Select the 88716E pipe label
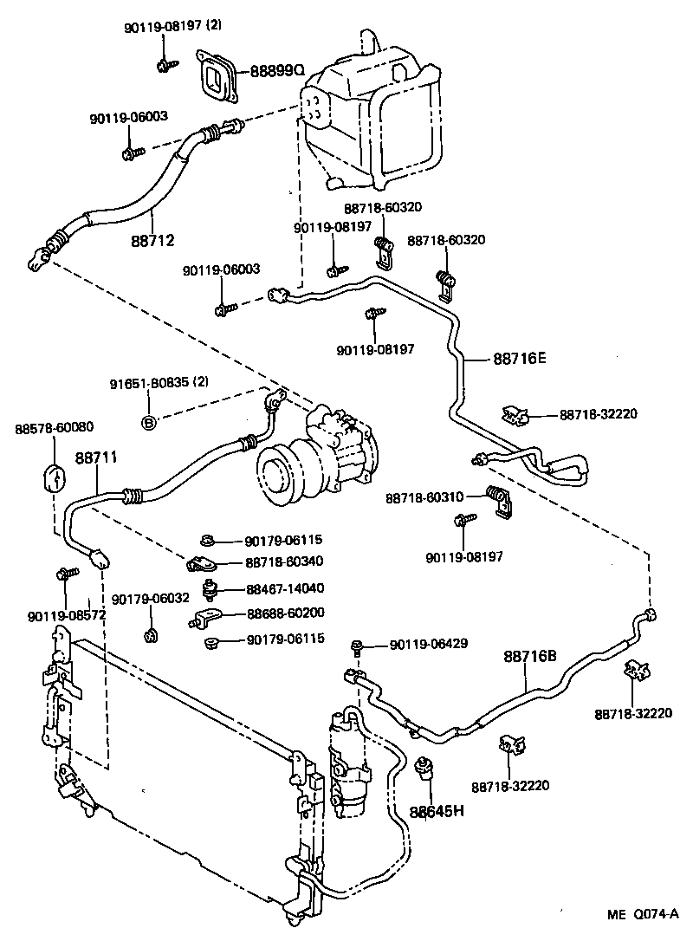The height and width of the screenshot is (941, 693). click(x=520, y=356)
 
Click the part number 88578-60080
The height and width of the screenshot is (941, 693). click(x=55, y=428)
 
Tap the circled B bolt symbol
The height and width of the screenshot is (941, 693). click(x=148, y=422)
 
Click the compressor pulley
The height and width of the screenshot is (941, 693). click(x=281, y=476)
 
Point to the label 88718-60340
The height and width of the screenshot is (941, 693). click(x=287, y=562)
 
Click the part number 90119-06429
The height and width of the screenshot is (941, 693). click(x=429, y=644)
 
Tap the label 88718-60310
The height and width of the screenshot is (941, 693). click(x=424, y=498)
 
